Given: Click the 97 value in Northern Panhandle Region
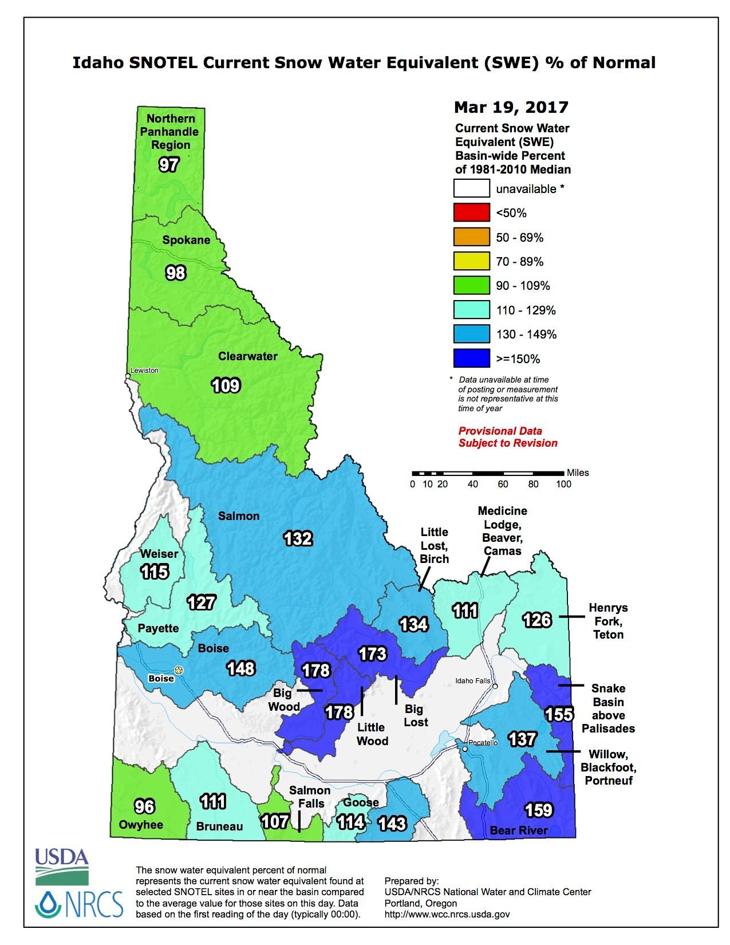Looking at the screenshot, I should pos(169,165).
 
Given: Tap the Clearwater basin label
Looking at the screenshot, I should pos(247,356).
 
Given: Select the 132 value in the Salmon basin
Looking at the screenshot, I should pos(298,538).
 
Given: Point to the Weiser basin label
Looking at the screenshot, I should pos(159,554).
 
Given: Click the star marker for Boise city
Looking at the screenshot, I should pos(179,670).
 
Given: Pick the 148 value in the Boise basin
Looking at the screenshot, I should pos(241,668).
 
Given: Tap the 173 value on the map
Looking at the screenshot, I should pos(372,653).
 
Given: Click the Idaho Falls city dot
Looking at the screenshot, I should pos(495,686).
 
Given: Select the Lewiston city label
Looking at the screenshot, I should pos(144,371).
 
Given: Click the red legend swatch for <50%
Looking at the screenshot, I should pos(471,212).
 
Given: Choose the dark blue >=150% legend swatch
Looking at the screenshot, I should pos(471,359).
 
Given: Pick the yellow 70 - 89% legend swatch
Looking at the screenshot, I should pos(471,261).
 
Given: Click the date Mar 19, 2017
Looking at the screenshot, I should pos(511,107).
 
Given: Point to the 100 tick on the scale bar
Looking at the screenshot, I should pos(563,485).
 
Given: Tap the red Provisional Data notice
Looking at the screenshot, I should pos(508,437).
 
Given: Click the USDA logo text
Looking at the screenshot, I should pos(62,857).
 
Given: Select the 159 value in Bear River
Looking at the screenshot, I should pos(538,810).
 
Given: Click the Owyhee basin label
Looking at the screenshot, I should pos(141,825).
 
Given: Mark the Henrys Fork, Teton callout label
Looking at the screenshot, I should pos(608,621).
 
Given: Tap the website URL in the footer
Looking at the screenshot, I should pos(447,915).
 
